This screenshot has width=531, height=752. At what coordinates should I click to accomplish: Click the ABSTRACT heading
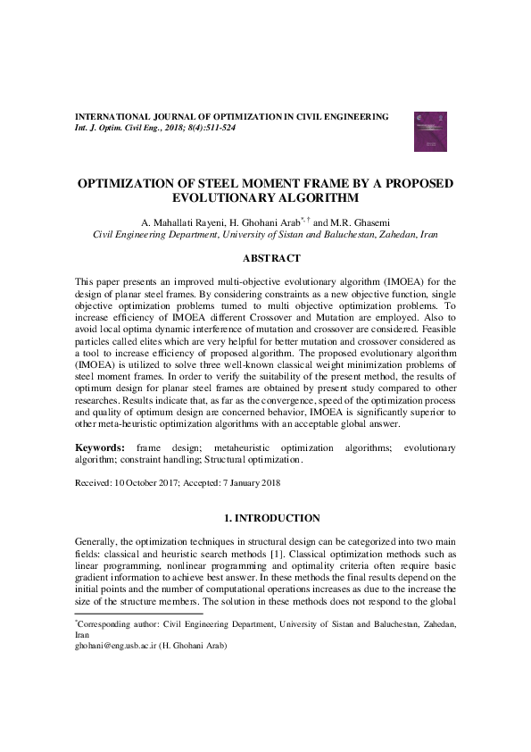[x=265, y=258]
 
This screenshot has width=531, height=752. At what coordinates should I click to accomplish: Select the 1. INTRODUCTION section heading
[x=265, y=517]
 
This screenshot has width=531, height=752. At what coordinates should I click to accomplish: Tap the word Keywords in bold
[x=98, y=447]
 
